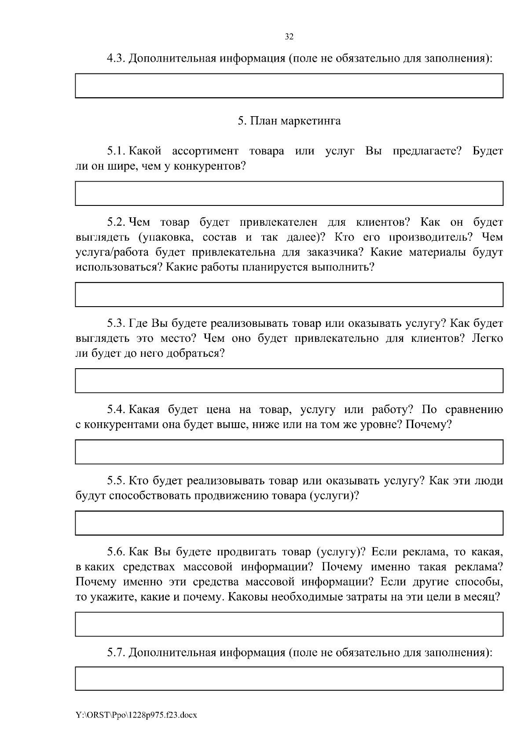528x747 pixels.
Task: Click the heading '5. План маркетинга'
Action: click(x=289, y=121)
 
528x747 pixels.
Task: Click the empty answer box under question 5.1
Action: click(x=289, y=194)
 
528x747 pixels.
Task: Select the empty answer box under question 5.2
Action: click(x=289, y=294)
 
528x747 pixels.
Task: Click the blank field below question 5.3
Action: click(x=289, y=381)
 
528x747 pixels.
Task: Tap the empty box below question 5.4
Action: click(x=289, y=452)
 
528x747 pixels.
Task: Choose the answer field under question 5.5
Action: click(x=289, y=523)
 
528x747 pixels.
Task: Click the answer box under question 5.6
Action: click(x=289, y=624)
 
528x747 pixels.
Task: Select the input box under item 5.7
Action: click(x=289, y=678)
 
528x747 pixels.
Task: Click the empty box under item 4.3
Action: click(x=289, y=85)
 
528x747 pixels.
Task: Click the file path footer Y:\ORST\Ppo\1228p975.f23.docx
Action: click(x=136, y=715)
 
